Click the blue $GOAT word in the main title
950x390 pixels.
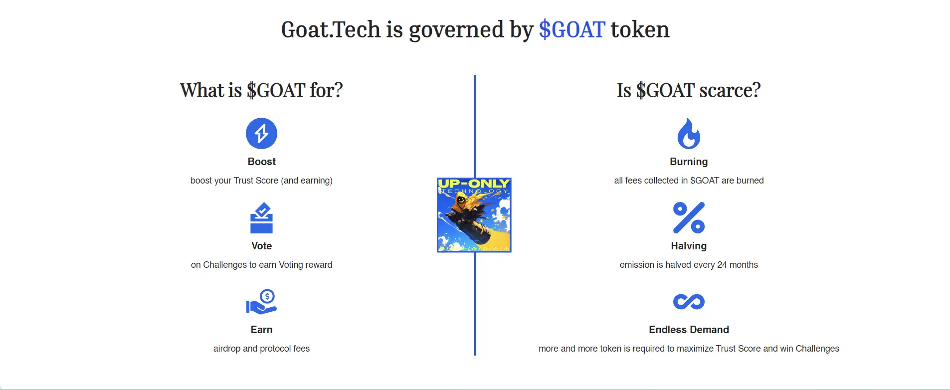pos(572,30)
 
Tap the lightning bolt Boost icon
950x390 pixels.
pos(261,133)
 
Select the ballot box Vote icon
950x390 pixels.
pos(261,218)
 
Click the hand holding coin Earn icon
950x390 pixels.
pos(261,302)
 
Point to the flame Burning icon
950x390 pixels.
pos(689,134)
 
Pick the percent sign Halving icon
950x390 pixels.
pos(689,218)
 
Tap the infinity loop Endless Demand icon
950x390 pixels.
pos(689,302)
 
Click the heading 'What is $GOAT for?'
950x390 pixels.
pos(261,90)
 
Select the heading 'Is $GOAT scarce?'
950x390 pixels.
pos(689,90)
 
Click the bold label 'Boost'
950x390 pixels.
pos(261,162)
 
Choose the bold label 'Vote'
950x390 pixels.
pos(261,246)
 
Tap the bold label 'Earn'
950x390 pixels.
pos(261,330)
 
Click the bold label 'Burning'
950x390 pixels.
pos(689,162)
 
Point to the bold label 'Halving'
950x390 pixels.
pos(689,246)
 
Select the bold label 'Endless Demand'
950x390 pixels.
pos(689,330)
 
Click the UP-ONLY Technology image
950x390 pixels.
pos(474,215)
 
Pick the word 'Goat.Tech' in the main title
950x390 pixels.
pos(331,30)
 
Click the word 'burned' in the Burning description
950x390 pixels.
pos(750,181)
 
